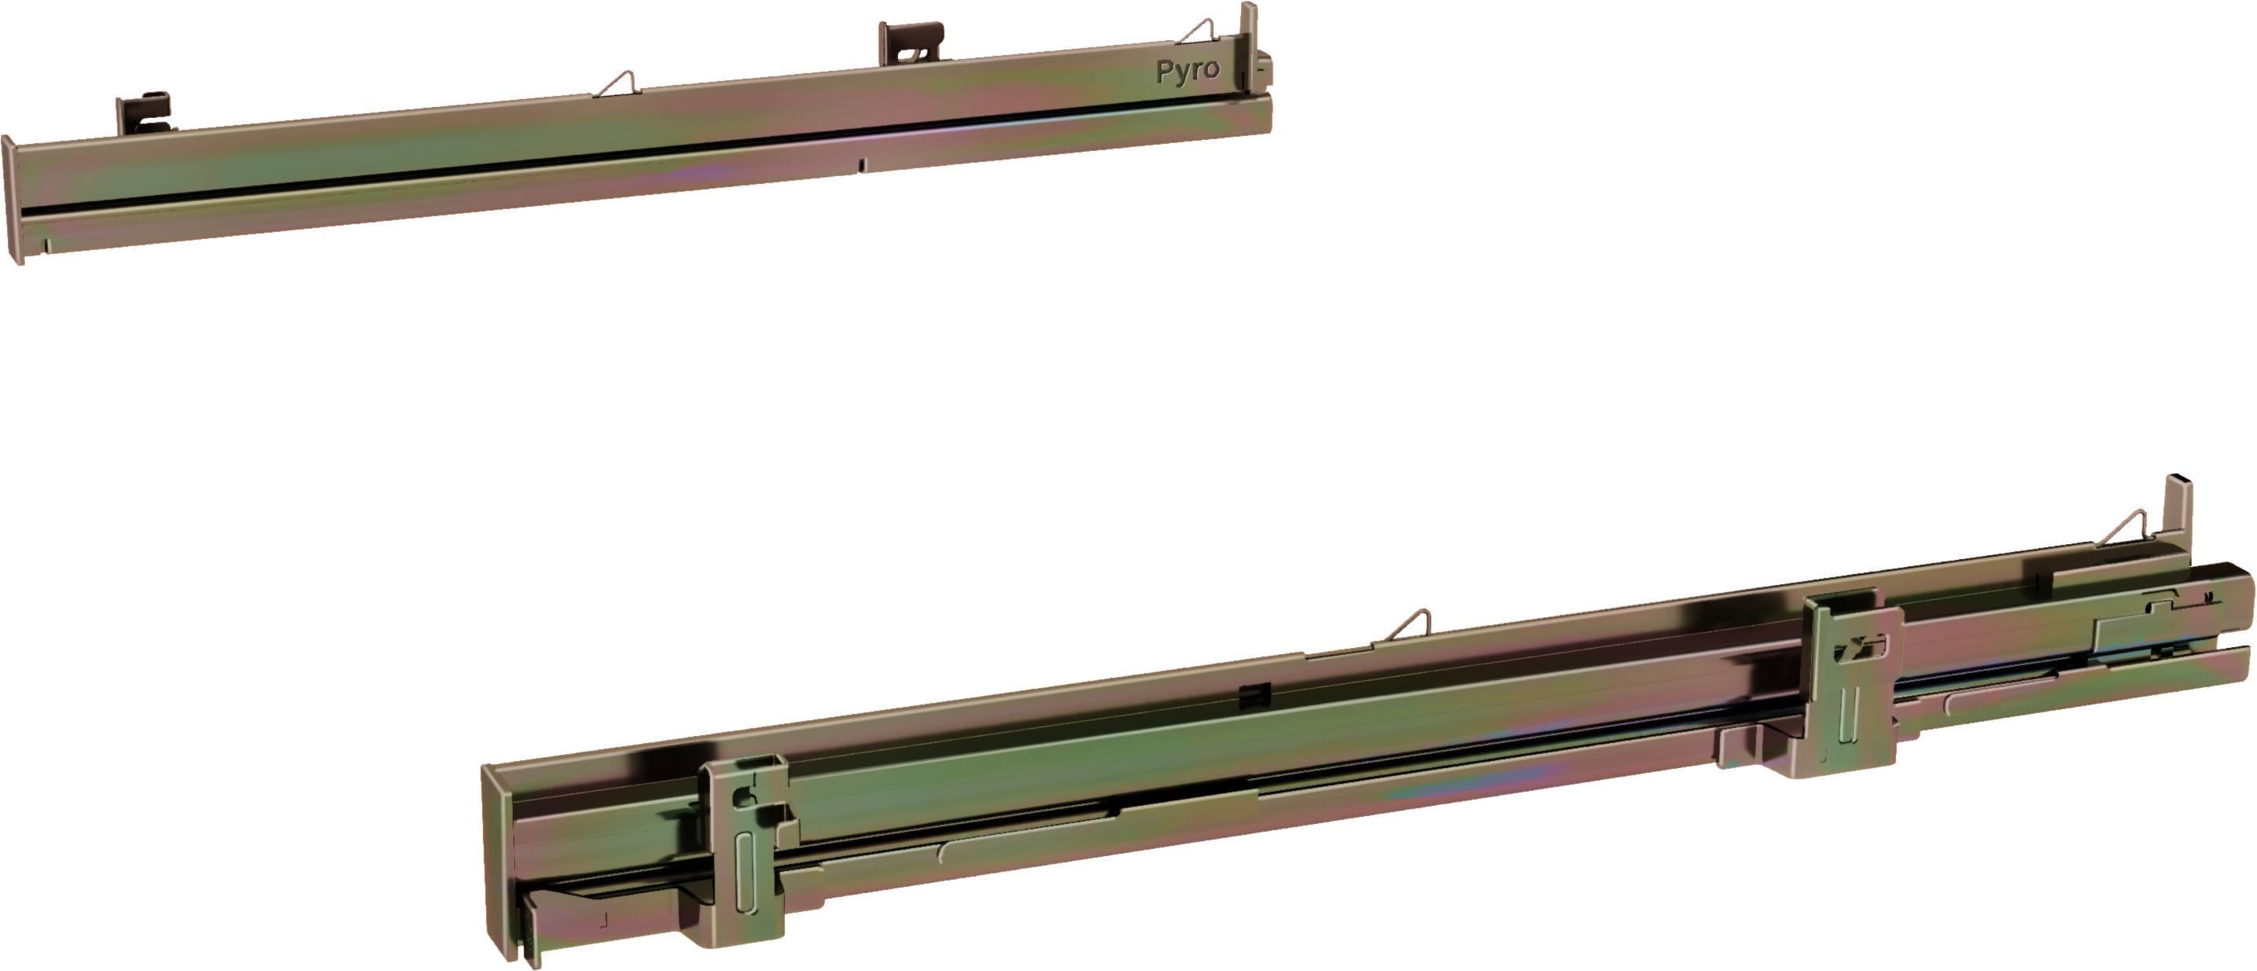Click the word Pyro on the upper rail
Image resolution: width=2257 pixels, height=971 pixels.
click(x=1187, y=71)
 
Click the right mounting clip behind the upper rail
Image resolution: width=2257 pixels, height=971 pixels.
click(x=911, y=43)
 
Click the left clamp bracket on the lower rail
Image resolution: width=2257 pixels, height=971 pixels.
click(x=745, y=850)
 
